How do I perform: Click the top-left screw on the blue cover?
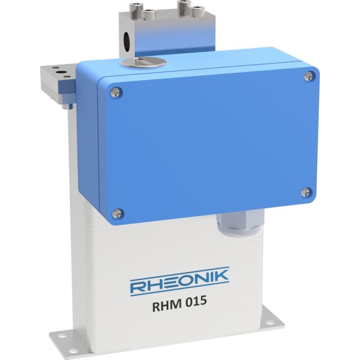[115, 92]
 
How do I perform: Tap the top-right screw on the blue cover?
[308, 77]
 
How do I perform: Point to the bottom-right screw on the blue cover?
[305, 192]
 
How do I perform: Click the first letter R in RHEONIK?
[138, 285]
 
